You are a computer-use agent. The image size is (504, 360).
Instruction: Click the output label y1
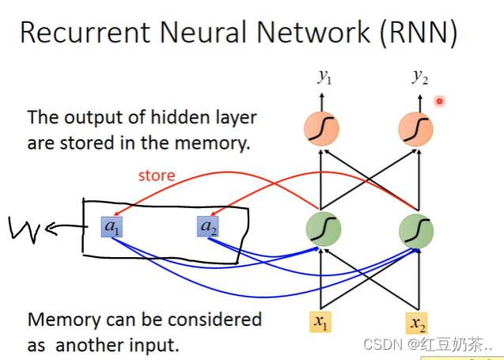pos(323,77)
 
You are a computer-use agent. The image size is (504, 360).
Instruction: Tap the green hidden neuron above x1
pos(322,229)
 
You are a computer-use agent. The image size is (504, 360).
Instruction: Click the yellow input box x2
pos(417,322)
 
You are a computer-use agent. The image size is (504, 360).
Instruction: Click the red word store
pos(156,175)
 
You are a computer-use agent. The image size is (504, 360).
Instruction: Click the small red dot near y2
pos(439,100)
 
